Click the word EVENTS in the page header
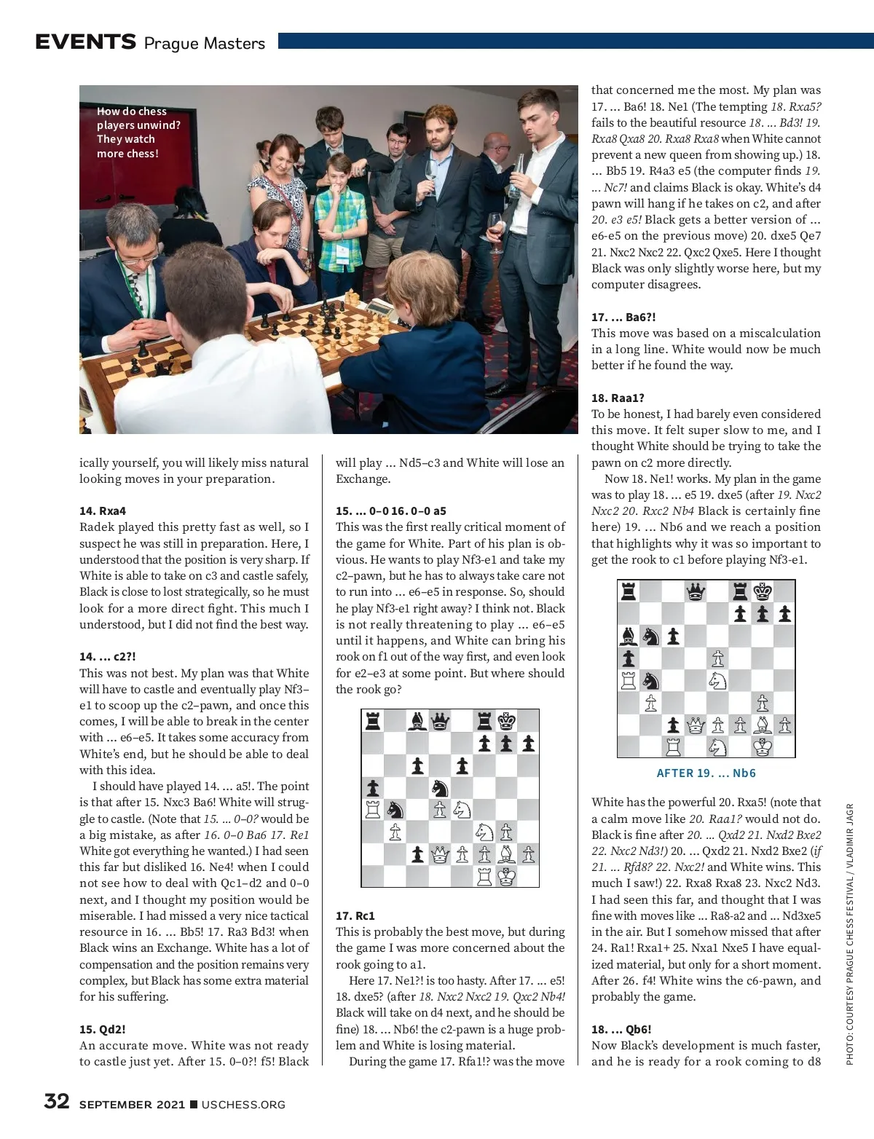[x=85, y=42]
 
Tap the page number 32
[x=57, y=1101]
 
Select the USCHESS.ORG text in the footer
[x=243, y=1105]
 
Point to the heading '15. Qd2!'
[x=103, y=1029]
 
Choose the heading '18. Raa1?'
[x=618, y=398]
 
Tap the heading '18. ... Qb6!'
[x=621, y=1029]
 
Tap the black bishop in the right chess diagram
[x=628, y=636]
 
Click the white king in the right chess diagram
[x=763, y=746]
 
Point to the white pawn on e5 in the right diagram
[x=718, y=658]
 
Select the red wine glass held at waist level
[x=497, y=225]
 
